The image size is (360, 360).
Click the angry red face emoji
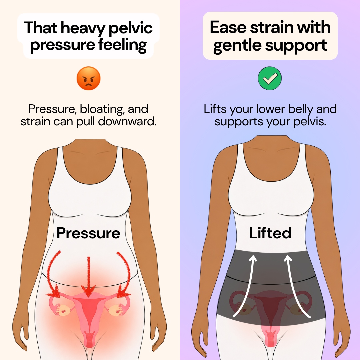(88, 78)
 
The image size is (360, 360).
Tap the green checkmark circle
(270, 78)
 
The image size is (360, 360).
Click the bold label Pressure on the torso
(88, 233)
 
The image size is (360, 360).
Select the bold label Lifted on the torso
(270, 233)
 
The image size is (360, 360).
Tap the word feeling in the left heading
(123, 45)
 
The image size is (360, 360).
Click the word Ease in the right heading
(228, 27)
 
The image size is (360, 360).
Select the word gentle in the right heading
(237, 45)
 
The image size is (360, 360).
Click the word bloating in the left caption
(102, 109)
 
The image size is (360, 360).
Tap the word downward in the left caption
(127, 121)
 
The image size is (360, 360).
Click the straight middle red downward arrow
(88, 277)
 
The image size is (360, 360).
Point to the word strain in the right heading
(271, 27)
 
